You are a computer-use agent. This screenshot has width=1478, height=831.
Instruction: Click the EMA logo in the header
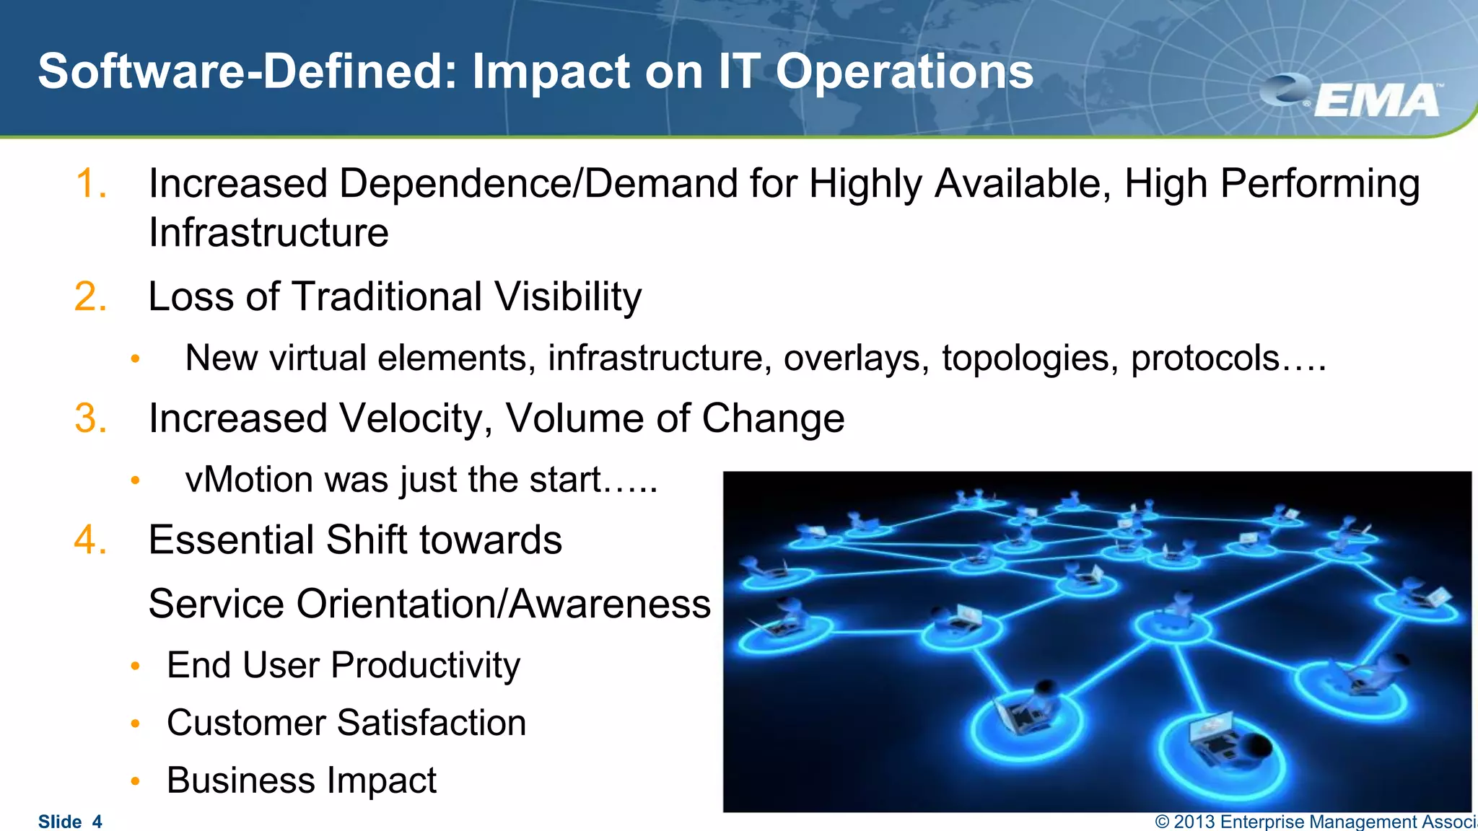pos(1357,98)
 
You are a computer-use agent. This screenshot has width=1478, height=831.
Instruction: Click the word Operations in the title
pos(904,72)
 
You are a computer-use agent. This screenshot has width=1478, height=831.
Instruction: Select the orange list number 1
pos(91,183)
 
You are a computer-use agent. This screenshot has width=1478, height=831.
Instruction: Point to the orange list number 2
pos(91,296)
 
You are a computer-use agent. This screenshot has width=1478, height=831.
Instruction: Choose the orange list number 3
pos(91,418)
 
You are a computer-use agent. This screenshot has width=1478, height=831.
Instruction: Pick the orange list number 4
pos(91,540)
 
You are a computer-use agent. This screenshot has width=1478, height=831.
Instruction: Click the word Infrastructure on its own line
pos(268,233)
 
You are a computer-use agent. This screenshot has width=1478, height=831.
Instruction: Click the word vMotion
pos(249,480)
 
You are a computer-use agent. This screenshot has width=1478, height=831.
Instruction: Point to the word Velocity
pos(416,419)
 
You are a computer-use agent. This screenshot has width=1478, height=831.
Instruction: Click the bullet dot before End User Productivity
pos(135,667)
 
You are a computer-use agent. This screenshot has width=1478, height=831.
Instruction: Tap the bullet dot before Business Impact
pos(135,781)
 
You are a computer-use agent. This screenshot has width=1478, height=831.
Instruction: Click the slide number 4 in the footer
pos(97,822)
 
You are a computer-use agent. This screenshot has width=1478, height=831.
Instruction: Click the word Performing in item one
pos(1320,185)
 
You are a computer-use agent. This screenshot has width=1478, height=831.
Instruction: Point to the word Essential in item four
pos(232,540)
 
